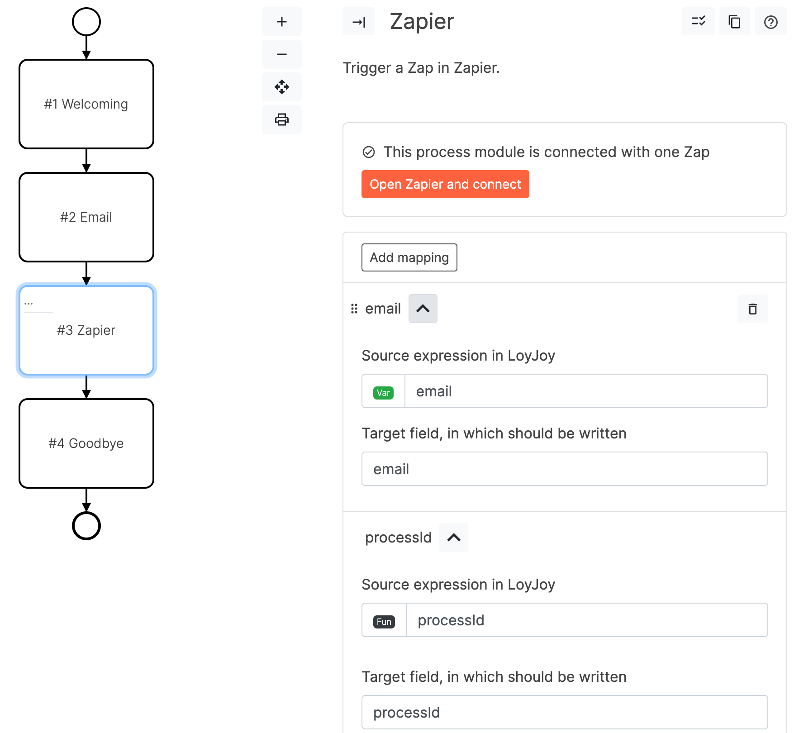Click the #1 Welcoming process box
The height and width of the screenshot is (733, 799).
point(86,104)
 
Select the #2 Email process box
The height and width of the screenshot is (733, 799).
point(86,217)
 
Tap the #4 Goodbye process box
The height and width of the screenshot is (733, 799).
point(86,443)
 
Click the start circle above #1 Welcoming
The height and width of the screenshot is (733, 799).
point(86,22)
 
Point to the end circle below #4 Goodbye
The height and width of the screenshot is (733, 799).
point(86,526)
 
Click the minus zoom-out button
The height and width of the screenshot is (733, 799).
point(281,54)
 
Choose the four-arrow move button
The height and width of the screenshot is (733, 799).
point(281,87)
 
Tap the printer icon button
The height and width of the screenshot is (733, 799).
point(281,119)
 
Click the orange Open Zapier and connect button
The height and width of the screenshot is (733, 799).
point(445,184)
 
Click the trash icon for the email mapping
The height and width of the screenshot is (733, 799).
point(752,309)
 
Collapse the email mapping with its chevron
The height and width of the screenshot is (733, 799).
point(423,309)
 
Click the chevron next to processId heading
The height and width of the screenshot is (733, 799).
point(453,538)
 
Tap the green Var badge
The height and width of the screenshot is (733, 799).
point(383,392)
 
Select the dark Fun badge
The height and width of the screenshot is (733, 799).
point(384,621)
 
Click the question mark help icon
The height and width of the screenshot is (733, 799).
point(770,22)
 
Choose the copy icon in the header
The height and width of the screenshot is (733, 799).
point(734,22)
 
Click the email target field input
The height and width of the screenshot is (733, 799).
point(564,469)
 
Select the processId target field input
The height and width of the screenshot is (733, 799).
point(564,712)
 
